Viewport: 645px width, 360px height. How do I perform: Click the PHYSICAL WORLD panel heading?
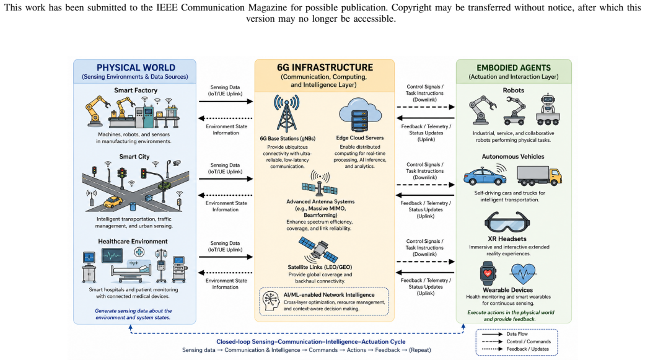tap(136, 68)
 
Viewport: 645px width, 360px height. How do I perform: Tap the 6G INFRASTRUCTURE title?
tap(325, 68)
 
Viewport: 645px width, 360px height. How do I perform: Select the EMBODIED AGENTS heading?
tap(514, 68)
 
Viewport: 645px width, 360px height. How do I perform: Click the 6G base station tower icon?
tap(287, 113)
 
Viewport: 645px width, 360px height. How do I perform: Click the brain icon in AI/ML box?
tap(271, 301)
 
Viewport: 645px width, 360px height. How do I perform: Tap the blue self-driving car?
tap(485, 176)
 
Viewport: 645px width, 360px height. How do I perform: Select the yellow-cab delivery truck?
tap(539, 176)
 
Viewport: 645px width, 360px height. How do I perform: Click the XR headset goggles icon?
tap(507, 222)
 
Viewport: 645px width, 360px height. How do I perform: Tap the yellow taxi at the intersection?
tap(113, 202)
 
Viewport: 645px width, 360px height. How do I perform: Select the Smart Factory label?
tap(136, 90)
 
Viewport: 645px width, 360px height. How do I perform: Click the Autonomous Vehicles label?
tap(513, 156)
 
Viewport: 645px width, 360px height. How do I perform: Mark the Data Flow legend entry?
tap(517, 334)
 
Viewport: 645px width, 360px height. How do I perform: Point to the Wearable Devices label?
tap(507, 290)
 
